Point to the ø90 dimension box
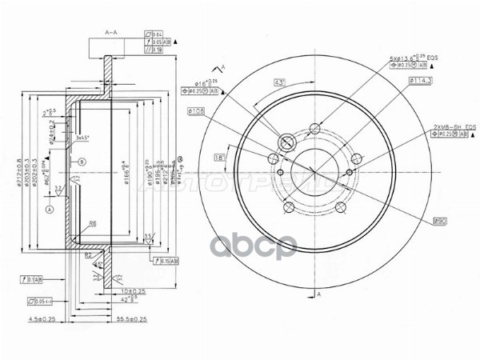pyautogui.click(x=439, y=221)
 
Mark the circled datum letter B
pyautogui.click(x=82, y=162)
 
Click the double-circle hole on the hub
pyautogui.click(x=285, y=144)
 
